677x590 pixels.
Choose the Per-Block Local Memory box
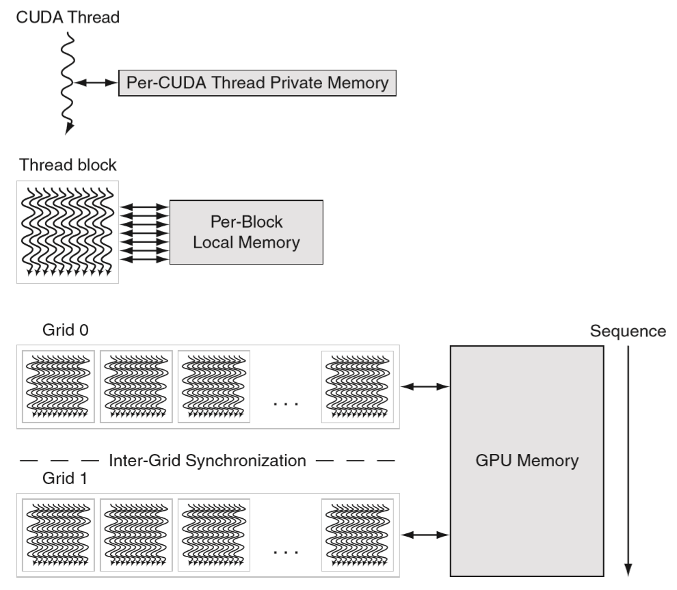pyautogui.click(x=246, y=232)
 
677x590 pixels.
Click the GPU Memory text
pyautogui.click(x=527, y=460)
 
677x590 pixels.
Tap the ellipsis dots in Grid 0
pyautogui.click(x=286, y=403)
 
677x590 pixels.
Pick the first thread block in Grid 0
pyautogui.click(x=58, y=386)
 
